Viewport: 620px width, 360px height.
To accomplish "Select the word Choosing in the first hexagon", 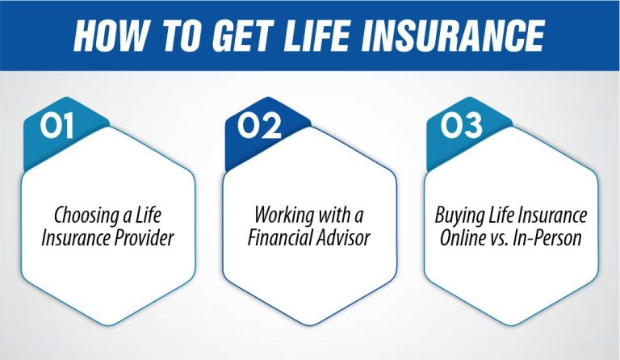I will pyautogui.click(x=83, y=216).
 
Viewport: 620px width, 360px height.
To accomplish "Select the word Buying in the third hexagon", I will pyautogui.click(x=459, y=216).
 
